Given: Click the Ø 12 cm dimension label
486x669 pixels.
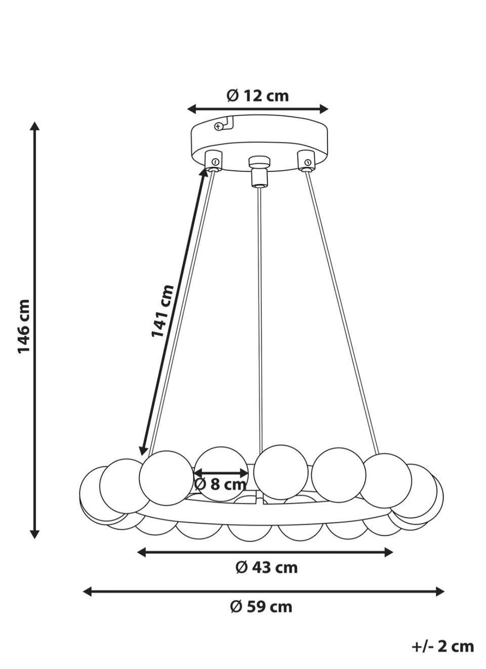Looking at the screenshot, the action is coord(258,96).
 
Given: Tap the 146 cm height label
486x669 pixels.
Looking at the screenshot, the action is coord(24,327).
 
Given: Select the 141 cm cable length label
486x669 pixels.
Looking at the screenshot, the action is coord(162,311).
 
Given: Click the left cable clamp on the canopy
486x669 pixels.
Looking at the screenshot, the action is coord(214,162).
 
